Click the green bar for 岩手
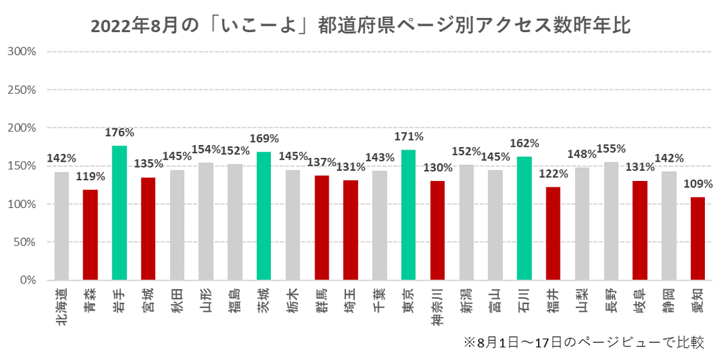[x=119, y=213]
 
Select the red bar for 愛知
[x=697, y=239]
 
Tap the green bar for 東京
[x=408, y=215]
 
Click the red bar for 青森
[x=91, y=235]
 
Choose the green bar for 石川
[x=524, y=218]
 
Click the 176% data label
[x=119, y=133]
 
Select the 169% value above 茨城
[x=264, y=139]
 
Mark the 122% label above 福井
[x=553, y=174]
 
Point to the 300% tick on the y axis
[x=21, y=51]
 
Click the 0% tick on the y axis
[x=27, y=280]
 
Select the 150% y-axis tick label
[x=21, y=166]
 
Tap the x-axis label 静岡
[x=668, y=300]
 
